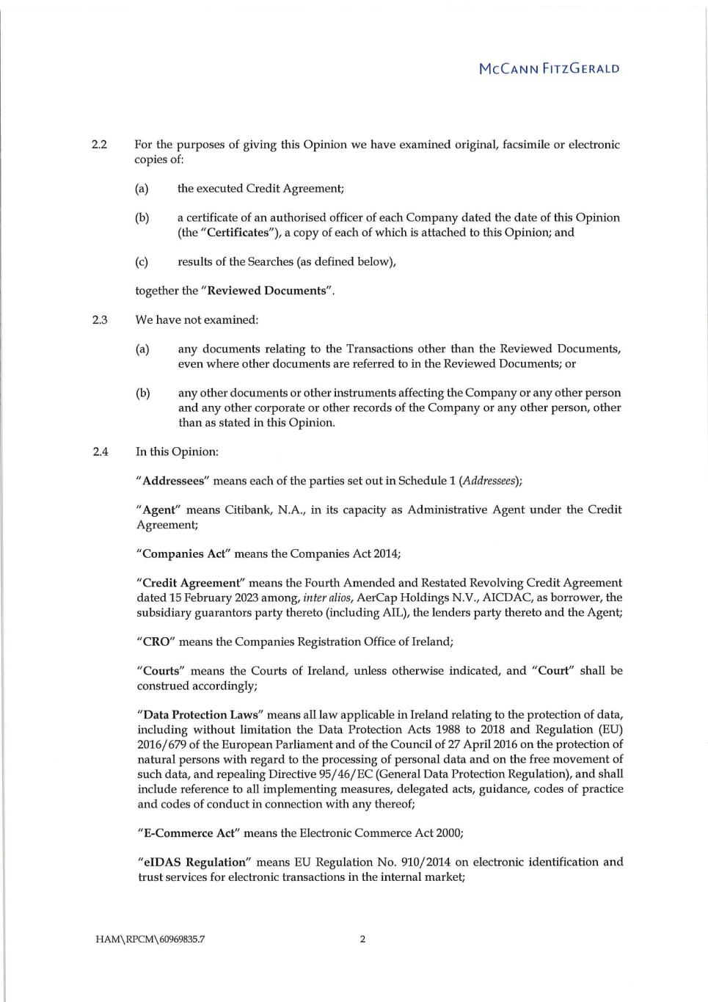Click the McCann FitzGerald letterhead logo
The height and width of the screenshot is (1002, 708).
tap(549, 69)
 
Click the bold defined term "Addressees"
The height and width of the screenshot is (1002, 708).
tap(173, 481)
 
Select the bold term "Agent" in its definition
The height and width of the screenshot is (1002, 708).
tap(158, 510)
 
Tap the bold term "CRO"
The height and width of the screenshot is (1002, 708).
tap(155, 642)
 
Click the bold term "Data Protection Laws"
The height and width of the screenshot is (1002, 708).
tap(201, 715)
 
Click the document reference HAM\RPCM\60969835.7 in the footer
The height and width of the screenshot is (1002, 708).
tap(150, 939)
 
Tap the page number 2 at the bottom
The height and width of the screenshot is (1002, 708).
tap(362, 939)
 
